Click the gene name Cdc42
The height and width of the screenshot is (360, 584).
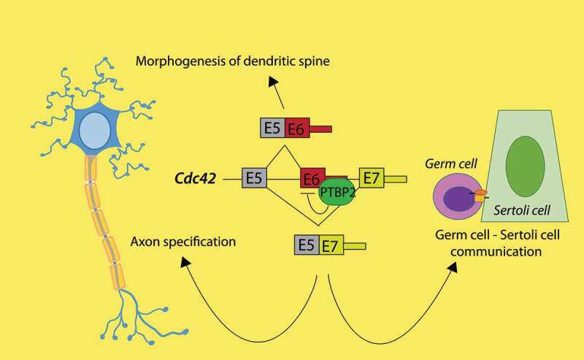pyautogui.click(x=194, y=178)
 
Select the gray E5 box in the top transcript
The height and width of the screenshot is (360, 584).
pyautogui.click(x=272, y=129)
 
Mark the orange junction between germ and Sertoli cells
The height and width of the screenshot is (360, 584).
pyautogui.click(x=480, y=196)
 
